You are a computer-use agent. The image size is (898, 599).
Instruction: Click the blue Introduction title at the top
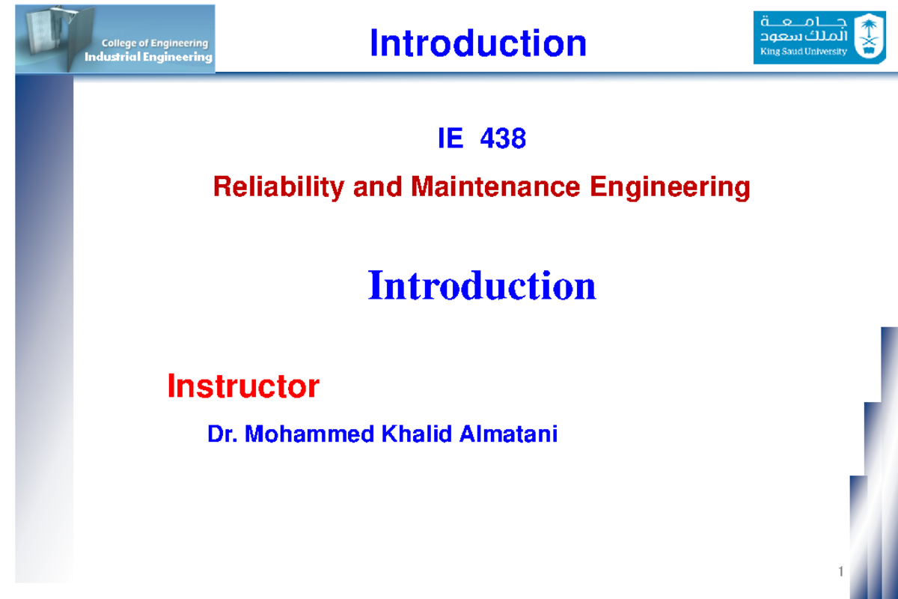(477, 43)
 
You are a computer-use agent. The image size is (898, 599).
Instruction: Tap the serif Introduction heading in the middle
(482, 286)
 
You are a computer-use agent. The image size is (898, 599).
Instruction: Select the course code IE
(450, 139)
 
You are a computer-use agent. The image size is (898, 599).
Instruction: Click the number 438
(503, 139)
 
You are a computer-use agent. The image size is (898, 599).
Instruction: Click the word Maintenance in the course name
(495, 186)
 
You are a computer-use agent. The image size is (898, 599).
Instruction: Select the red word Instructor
(243, 386)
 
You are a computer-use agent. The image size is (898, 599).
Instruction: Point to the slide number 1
(841, 573)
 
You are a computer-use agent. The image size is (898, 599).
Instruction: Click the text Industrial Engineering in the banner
(148, 57)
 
